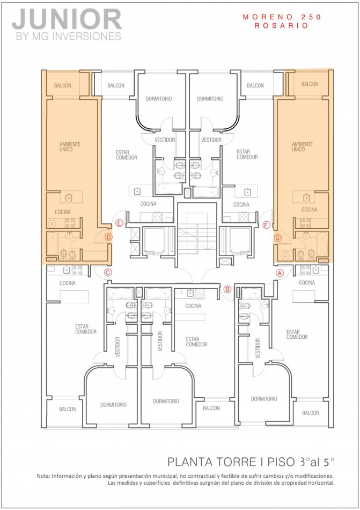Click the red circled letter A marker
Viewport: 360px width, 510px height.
279,272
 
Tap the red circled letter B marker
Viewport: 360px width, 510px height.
227,289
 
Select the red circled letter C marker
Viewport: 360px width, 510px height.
108,272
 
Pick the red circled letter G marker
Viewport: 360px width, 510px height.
277,237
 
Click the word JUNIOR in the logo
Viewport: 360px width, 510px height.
67,20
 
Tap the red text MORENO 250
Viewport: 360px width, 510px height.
282,17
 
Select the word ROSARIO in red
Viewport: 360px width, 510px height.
282,25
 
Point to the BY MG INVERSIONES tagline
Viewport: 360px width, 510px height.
67,37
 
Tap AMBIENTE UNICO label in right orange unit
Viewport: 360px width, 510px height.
302,147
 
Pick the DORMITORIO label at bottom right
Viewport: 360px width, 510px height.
263,399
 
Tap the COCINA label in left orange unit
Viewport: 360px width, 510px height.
63,212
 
